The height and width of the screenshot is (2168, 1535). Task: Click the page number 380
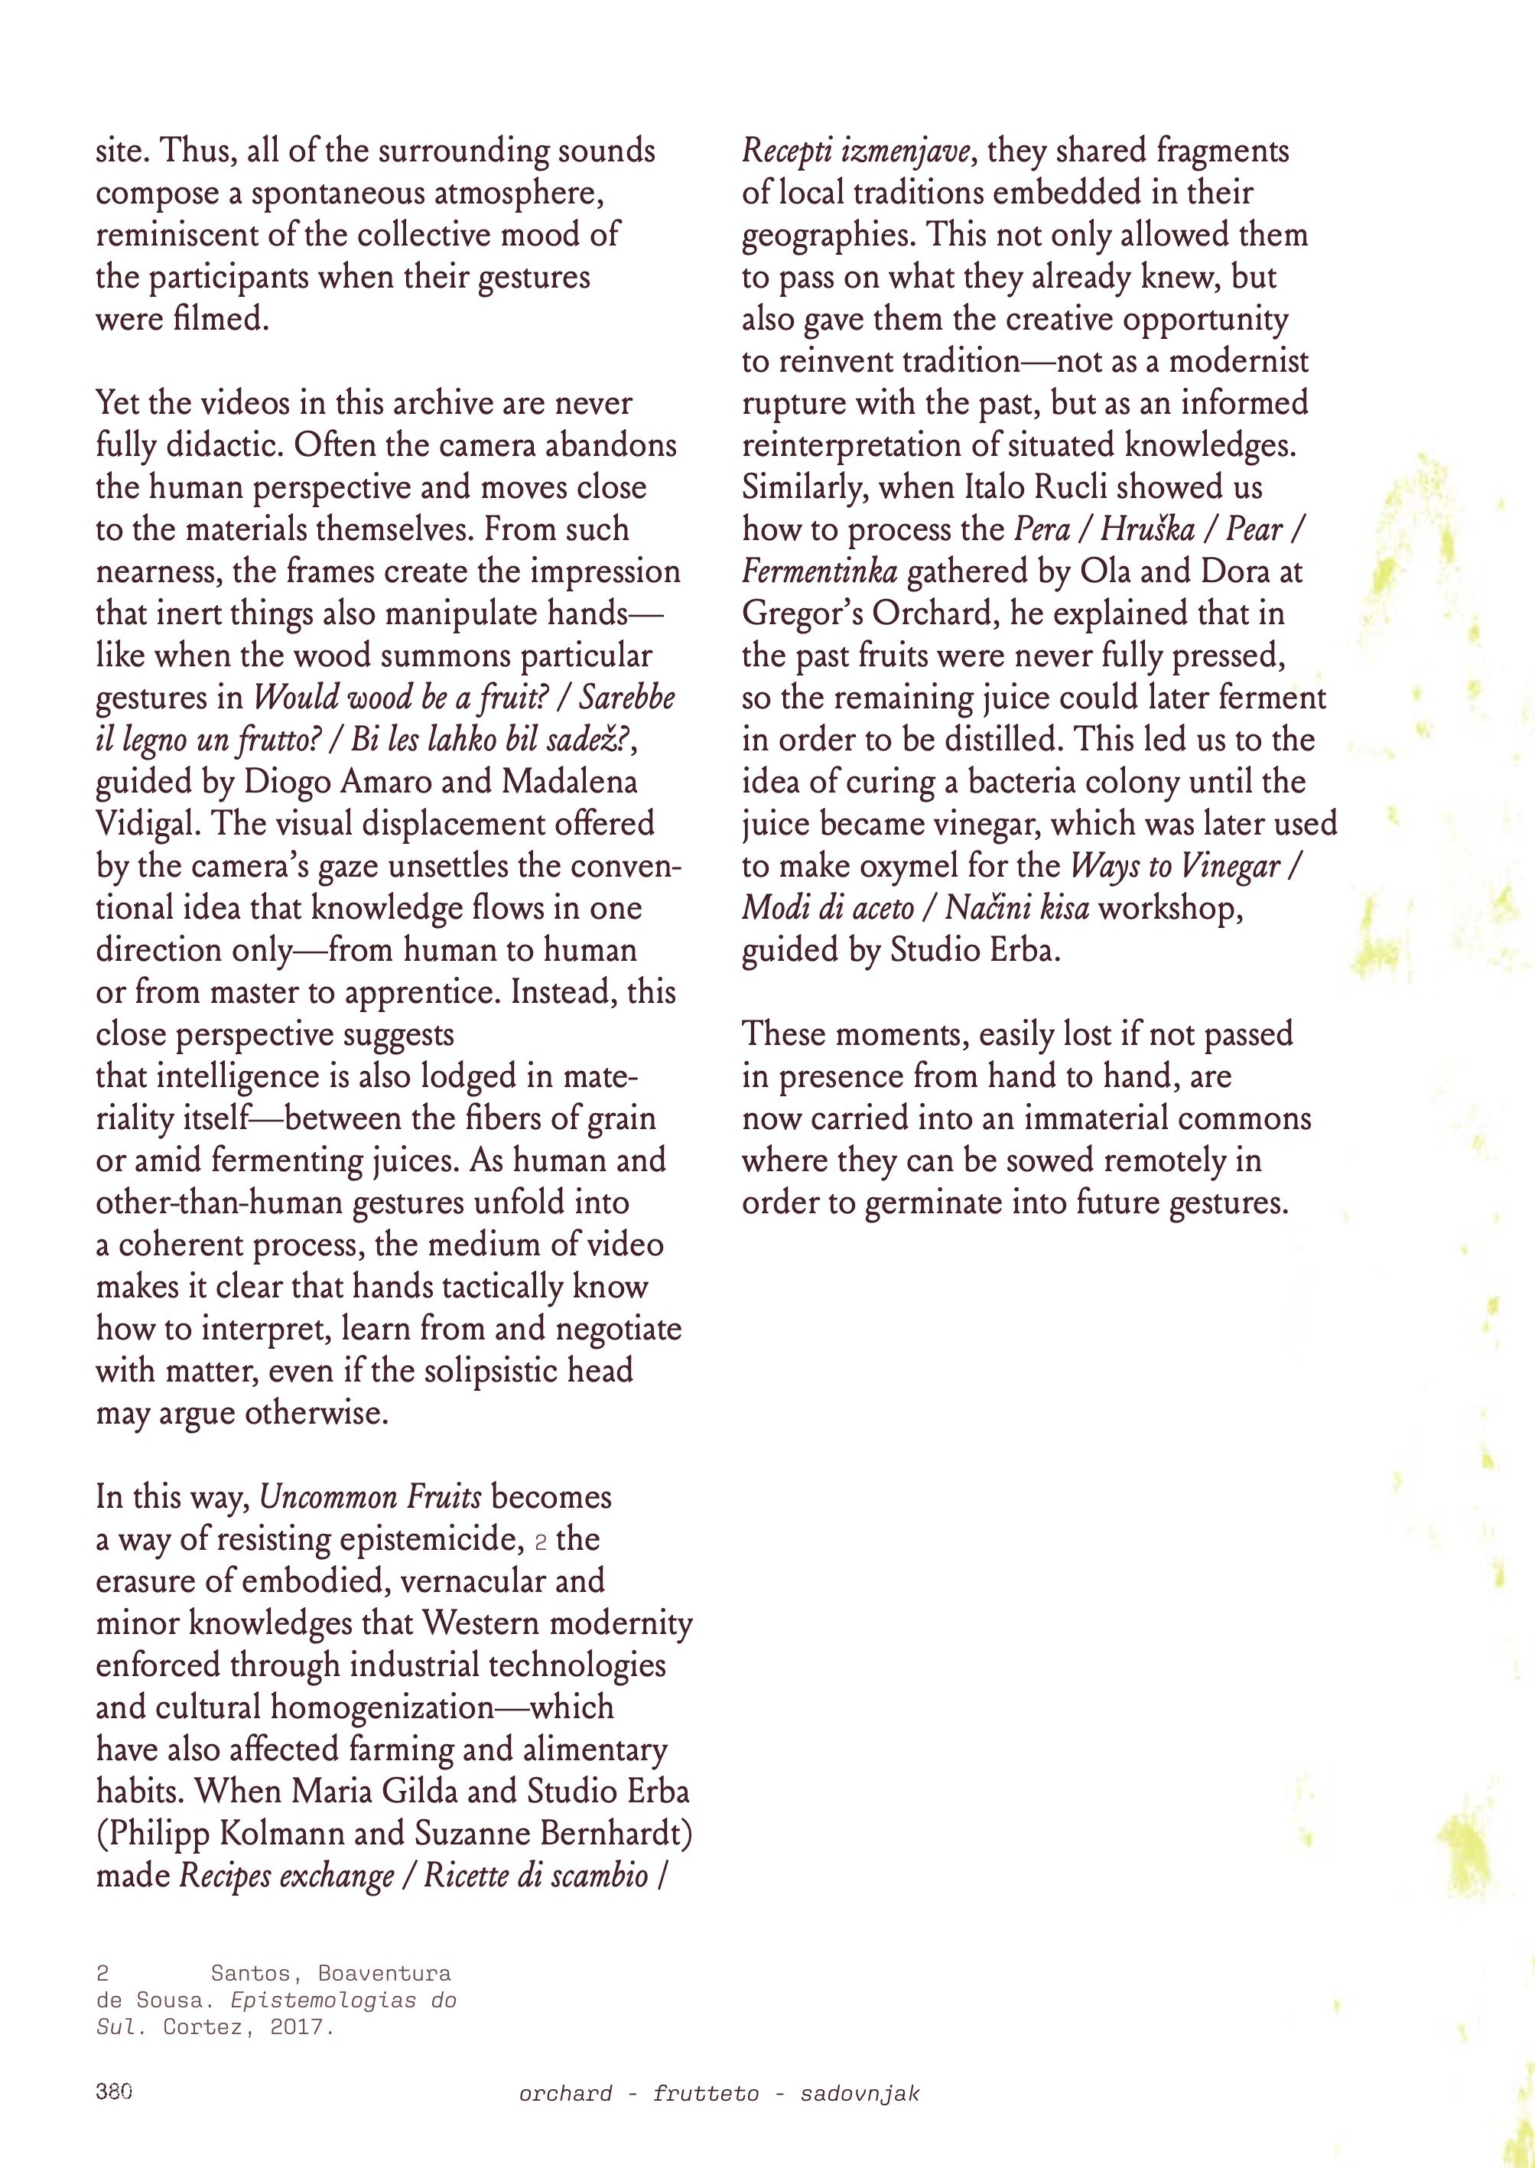(x=113, y=2092)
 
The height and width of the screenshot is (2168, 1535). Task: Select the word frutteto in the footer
(x=705, y=2093)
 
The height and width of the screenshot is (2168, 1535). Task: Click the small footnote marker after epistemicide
(x=541, y=1543)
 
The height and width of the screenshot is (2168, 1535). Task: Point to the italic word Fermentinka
(x=818, y=571)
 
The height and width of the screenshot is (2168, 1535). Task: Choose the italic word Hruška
(x=1147, y=529)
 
